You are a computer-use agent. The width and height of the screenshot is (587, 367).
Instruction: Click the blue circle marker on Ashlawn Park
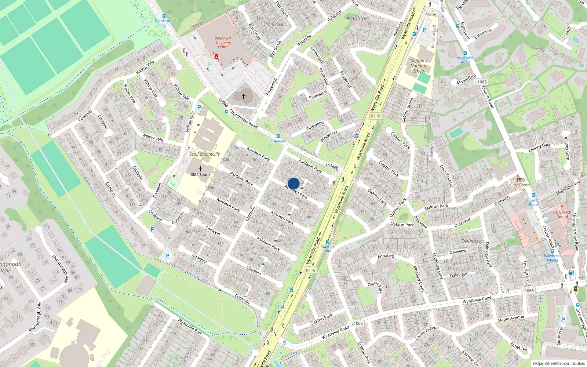[x=293, y=183]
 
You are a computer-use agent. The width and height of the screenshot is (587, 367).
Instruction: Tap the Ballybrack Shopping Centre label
[x=223, y=43]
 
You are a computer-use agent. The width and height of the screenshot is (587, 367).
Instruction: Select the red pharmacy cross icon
[x=216, y=57]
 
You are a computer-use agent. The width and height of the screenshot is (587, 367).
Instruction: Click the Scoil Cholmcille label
[x=205, y=154]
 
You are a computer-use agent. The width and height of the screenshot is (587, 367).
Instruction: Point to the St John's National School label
[x=419, y=66]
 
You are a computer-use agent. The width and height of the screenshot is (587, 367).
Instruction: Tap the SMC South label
[x=200, y=175]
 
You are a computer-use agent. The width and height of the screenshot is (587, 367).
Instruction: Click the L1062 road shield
[x=481, y=82]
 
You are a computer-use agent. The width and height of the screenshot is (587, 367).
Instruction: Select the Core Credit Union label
[x=520, y=187]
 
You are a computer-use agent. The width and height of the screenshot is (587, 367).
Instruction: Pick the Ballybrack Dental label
[x=562, y=214]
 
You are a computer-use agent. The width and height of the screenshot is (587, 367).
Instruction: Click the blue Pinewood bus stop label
[x=278, y=141]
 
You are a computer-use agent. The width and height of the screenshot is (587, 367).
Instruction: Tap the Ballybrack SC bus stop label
[x=164, y=23]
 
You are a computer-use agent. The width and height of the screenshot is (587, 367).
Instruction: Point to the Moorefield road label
[x=466, y=80]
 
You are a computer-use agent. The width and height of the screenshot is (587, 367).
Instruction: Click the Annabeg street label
[x=386, y=256]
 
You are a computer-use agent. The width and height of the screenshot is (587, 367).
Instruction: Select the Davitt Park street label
[x=375, y=286]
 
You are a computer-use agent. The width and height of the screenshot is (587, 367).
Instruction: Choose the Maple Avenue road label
[x=511, y=318]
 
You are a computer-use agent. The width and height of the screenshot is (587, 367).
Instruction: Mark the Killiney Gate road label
[x=540, y=147]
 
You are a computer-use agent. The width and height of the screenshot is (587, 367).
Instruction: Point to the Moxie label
[x=431, y=14]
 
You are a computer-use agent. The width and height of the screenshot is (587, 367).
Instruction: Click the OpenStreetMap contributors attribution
[x=558, y=364]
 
